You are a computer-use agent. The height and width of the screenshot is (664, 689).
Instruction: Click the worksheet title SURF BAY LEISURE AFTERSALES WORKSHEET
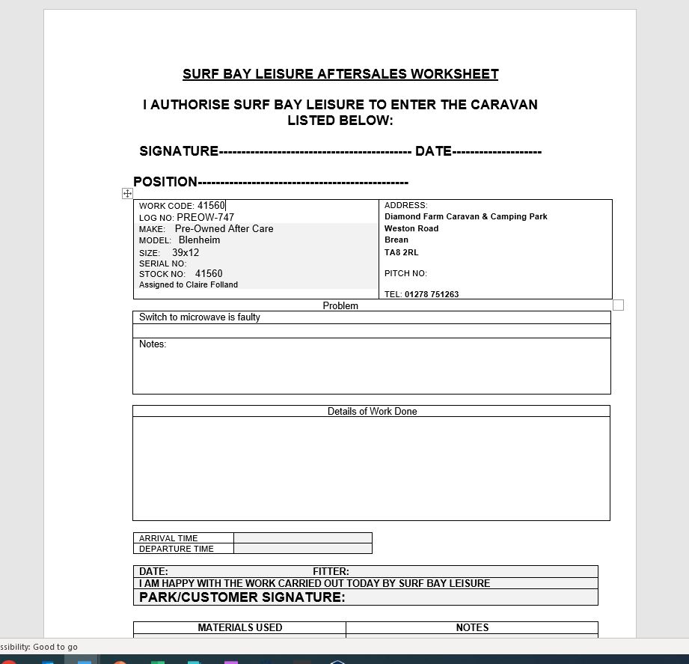point(340,74)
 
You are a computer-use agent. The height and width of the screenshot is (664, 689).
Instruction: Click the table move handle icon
point(127,193)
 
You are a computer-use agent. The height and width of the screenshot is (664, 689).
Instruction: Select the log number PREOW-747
point(205,218)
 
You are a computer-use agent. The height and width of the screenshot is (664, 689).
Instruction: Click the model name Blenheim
point(199,240)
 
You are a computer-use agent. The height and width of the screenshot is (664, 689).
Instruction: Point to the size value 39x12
point(186,253)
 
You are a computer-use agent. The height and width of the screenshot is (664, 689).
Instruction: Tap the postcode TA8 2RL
point(401,252)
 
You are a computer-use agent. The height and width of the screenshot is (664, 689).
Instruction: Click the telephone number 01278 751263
point(432,294)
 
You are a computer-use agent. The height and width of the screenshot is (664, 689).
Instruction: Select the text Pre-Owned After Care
point(224,229)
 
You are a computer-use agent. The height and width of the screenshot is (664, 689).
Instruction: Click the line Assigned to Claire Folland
point(189,284)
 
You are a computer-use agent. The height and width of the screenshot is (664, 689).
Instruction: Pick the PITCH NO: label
point(405,273)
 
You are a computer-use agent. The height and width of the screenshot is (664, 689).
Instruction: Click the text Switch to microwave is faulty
point(200,317)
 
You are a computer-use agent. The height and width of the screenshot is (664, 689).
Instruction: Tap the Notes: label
point(153,344)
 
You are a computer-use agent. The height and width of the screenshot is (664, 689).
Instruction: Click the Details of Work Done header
point(372,411)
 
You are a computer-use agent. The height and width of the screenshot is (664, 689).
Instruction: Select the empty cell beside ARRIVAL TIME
point(302,537)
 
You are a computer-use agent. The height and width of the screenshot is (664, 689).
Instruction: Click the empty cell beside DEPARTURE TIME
point(302,549)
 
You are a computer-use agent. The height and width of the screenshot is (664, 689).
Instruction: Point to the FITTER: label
point(331,571)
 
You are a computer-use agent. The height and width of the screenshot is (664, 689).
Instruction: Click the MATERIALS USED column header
point(239,627)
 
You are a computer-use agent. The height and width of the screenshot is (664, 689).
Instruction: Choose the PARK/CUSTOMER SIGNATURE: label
point(242,597)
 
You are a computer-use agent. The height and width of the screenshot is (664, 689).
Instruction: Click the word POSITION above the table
point(165,182)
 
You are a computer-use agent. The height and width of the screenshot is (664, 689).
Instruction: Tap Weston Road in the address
point(411,228)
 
